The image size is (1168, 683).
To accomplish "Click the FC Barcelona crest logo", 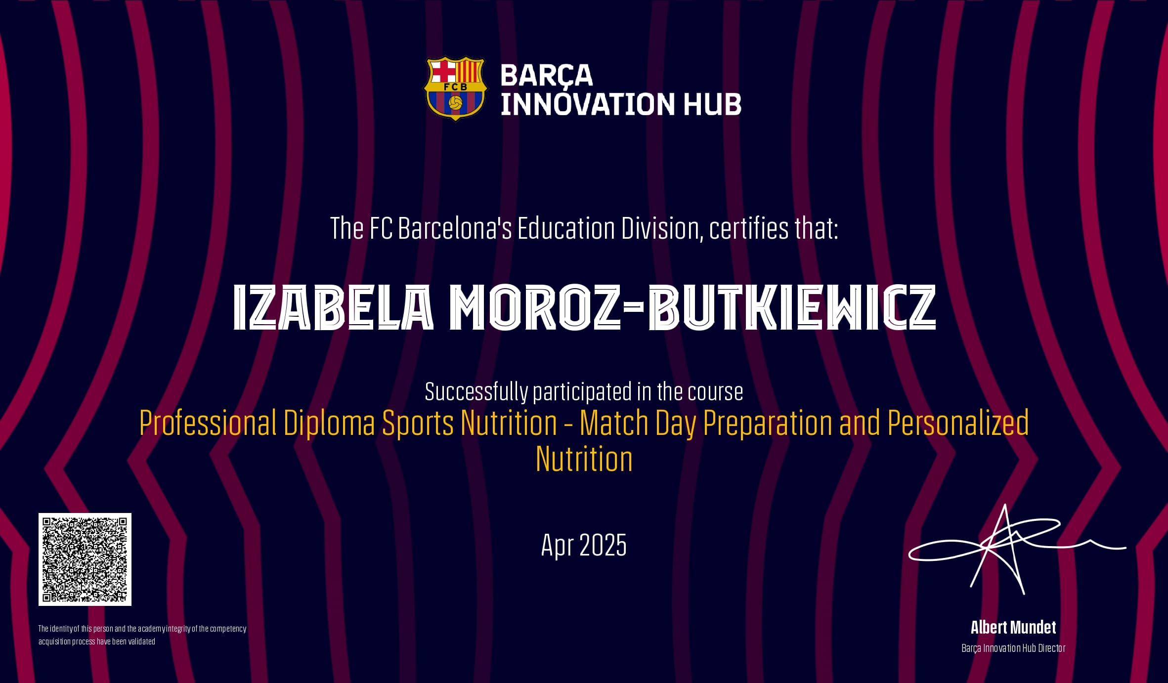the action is click(x=455, y=88).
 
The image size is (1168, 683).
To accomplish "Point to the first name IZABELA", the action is click(x=333, y=307).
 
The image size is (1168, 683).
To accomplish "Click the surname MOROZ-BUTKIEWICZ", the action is click(x=693, y=307).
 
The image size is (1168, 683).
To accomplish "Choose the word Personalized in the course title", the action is click(x=958, y=423).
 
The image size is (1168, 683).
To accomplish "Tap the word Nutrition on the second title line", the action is click(x=584, y=459).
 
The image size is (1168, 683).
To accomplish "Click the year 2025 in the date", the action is click(x=603, y=545).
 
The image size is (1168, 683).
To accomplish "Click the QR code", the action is click(x=85, y=559).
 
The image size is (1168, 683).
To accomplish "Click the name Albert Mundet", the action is click(x=1013, y=628).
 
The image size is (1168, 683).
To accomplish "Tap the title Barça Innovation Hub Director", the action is click(x=1013, y=648).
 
